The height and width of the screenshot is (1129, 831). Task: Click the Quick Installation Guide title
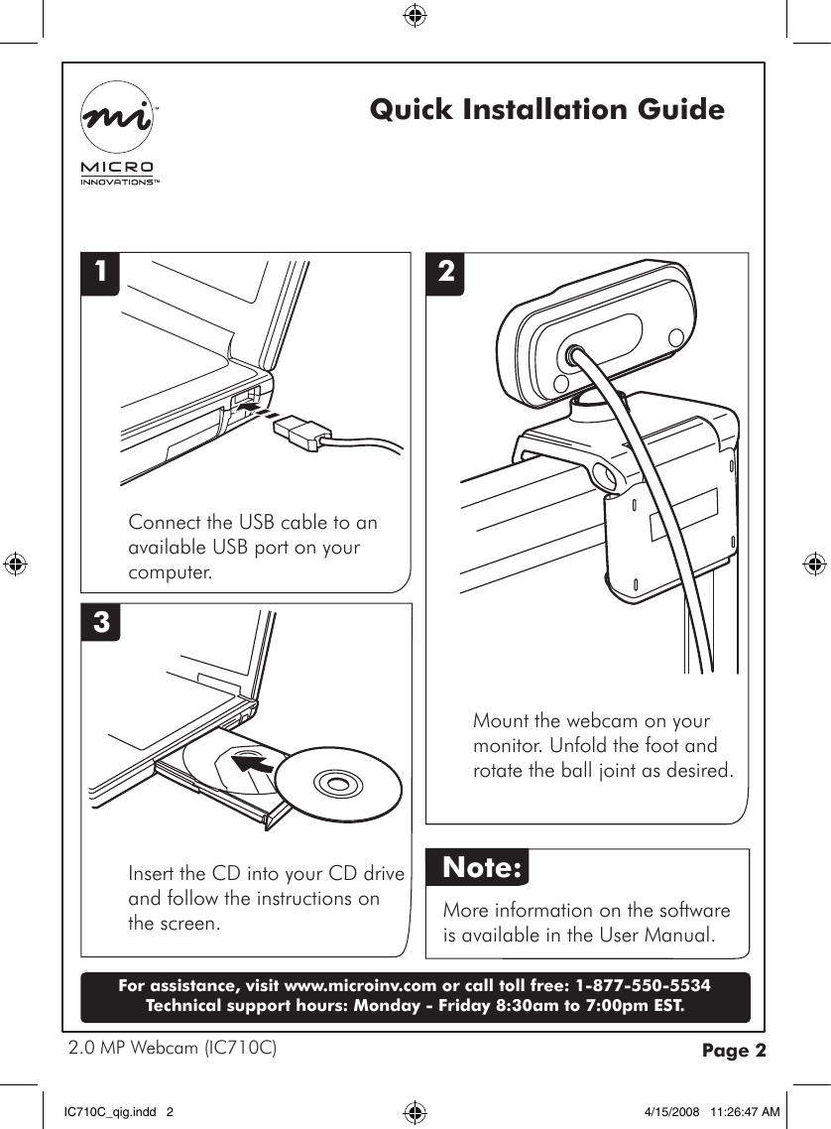click(x=546, y=109)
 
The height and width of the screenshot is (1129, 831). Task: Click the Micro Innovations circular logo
click(x=117, y=118)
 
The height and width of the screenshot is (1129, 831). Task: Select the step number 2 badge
click(x=447, y=271)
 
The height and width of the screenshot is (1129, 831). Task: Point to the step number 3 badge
click(x=101, y=623)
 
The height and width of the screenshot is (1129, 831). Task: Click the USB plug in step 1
click(x=298, y=433)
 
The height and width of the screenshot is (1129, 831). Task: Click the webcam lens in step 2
click(x=574, y=356)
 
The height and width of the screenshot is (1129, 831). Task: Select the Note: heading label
click(x=482, y=868)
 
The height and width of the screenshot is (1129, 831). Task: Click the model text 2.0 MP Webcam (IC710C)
click(x=171, y=1048)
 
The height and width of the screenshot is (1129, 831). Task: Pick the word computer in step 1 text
click(x=169, y=573)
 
